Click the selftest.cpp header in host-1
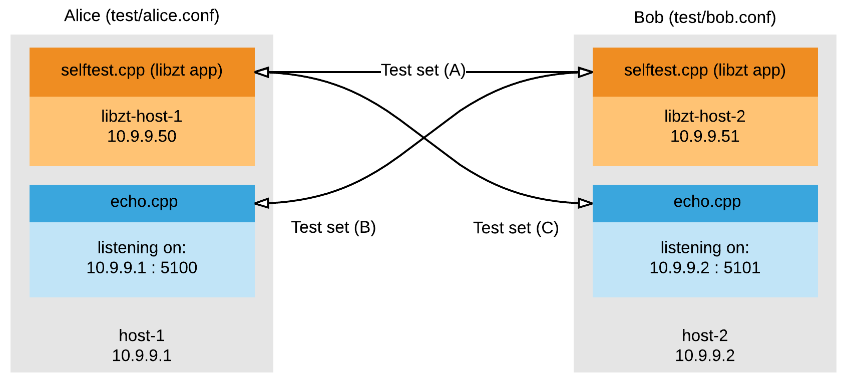click(142, 71)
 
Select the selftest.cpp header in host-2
click(705, 71)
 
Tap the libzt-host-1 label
click(142, 116)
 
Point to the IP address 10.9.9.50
click(142, 136)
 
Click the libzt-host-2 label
click(705, 116)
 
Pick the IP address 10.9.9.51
click(705, 136)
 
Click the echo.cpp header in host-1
click(144, 202)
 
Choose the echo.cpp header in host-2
click(707, 202)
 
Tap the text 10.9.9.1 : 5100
click(142, 268)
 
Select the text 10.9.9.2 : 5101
click(705, 268)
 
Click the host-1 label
click(142, 335)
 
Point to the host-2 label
click(705, 335)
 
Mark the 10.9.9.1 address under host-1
click(142, 355)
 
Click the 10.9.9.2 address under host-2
click(705, 355)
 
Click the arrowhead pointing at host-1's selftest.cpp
click(262, 72)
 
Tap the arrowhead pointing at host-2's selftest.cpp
click(585, 72)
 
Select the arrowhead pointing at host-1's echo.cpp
click(262, 203)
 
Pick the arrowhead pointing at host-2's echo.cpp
click(585, 203)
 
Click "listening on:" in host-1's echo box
click(142, 248)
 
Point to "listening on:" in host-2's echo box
click(705, 248)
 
